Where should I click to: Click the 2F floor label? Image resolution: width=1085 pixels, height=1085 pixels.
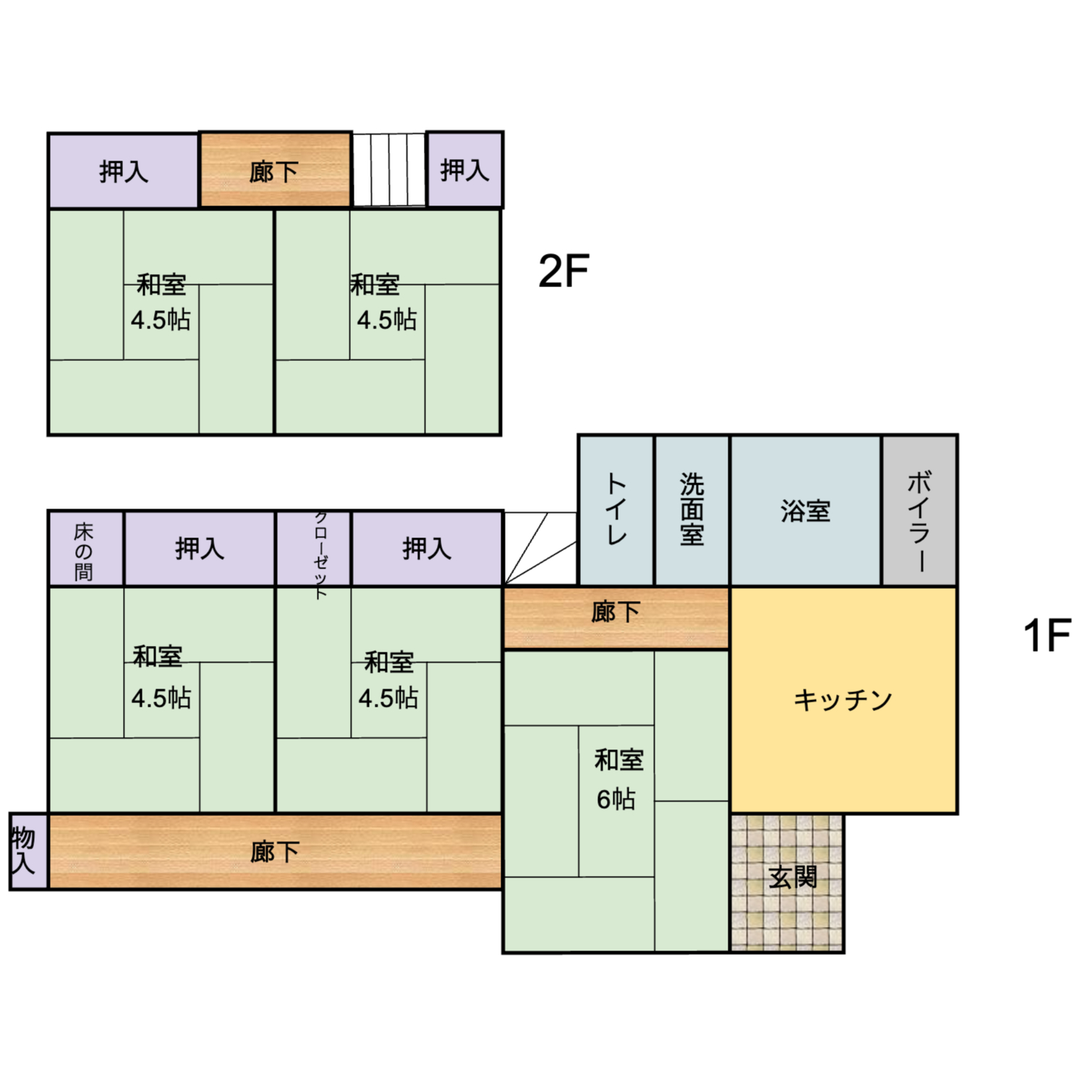pyautogui.click(x=563, y=271)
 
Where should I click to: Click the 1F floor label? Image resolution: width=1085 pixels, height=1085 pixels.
pyautogui.click(x=1047, y=635)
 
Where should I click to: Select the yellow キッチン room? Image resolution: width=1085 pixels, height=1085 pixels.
pyautogui.click(x=844, y=700)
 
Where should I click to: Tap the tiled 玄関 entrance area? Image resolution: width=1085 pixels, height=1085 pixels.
pyautogui.click(x=788, y=882)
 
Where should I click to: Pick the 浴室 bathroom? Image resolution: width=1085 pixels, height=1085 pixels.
pyautogui.click(x=806, y=511)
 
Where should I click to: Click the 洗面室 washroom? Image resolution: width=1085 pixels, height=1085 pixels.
pyautogui.click(x=692, y=511)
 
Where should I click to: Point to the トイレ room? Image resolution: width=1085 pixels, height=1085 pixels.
pyautogui.click(x=616, y=511)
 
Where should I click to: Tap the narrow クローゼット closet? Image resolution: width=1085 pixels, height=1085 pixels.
pyautogui.click(x=313, y=548)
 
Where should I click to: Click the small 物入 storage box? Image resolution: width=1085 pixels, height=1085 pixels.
pyautogui.click(x=28, y=851)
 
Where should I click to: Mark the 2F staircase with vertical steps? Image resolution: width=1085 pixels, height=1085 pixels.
pyautogui.click(x=389, y=170)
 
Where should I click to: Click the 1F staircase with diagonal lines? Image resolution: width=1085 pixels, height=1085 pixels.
pyautogui.click(x=540, y=548)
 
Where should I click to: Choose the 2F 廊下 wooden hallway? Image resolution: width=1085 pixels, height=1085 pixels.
pyautogui.click(x=276, y=170)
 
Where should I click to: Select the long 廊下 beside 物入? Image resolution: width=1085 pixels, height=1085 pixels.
pyautogui.click(x=276, y=851)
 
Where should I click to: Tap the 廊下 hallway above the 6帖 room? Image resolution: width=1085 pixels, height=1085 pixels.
pyautogui.click(x=616, y=618)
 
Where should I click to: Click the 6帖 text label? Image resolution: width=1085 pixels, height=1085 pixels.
pyautogui.click(x=616, y=799)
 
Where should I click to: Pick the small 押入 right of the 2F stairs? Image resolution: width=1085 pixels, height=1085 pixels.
pyautogui.click(x=465, y=170)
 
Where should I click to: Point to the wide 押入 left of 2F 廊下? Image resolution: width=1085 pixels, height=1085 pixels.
pyautogui.click(x=124, y=171)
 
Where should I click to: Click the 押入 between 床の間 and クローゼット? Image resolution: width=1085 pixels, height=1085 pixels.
pyautogui.click(x=200, y=548)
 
